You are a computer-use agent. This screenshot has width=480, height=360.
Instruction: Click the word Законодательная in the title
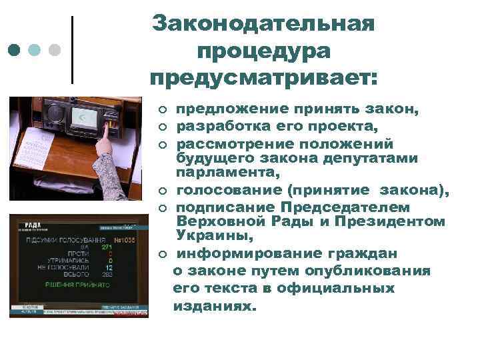click(263, 24)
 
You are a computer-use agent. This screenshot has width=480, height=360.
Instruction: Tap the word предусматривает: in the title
click(263, 78)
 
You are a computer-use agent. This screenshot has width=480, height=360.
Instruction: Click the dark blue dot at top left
click(14, 50)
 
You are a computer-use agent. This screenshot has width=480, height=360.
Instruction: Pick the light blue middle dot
click(35, 50)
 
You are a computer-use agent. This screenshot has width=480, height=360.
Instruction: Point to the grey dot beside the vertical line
click(55, 50)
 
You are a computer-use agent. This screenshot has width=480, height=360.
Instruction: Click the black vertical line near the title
click(72, 50)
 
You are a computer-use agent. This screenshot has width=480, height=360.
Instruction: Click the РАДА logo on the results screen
click(33, 225)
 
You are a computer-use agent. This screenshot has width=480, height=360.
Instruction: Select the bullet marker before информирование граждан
click(162, 254)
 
